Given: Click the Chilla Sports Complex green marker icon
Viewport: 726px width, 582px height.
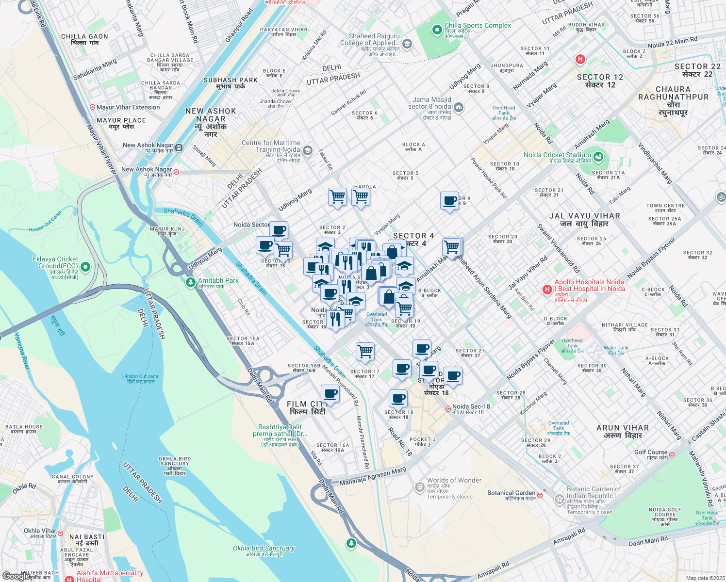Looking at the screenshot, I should click(x=437, y=30).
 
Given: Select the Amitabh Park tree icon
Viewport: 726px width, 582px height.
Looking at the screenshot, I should click(x=190, y=282).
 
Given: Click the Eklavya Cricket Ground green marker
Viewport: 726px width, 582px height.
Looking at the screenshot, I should click(x=85, y=267).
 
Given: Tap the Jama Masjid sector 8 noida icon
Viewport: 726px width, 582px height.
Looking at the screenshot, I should click(x=459, y=107).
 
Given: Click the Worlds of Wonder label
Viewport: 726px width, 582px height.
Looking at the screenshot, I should click(x=454, y=481).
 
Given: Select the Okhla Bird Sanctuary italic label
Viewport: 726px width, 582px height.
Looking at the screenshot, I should click(x=264, y=548).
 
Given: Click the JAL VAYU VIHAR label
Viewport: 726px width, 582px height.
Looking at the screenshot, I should click(x=584, y=216).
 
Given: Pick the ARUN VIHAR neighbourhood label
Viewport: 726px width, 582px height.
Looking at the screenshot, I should click(x=622, y=428).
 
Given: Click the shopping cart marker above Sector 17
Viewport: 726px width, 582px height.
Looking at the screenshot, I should click(x=365, y=351).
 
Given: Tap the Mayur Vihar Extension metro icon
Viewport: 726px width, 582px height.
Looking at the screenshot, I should click(x=92, y=107).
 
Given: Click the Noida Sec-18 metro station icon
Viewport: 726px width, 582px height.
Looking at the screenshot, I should click(x=448, y=409).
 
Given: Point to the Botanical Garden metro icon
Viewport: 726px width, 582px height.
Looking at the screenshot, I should click(x=540, y=495).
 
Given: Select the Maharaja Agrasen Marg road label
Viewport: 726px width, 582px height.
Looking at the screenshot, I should click(x=373, y=477).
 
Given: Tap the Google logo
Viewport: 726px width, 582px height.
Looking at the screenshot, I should click(x=16, y=576).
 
